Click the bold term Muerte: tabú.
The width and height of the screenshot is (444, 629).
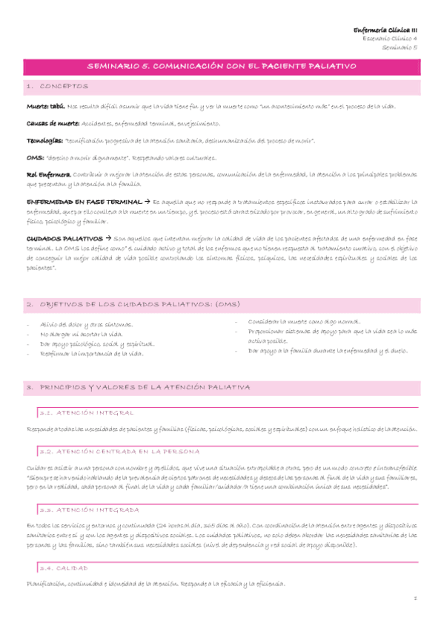coord(44,107)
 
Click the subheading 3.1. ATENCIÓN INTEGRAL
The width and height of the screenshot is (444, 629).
coord(86,412)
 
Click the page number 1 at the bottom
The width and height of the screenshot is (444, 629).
coord(417,599)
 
